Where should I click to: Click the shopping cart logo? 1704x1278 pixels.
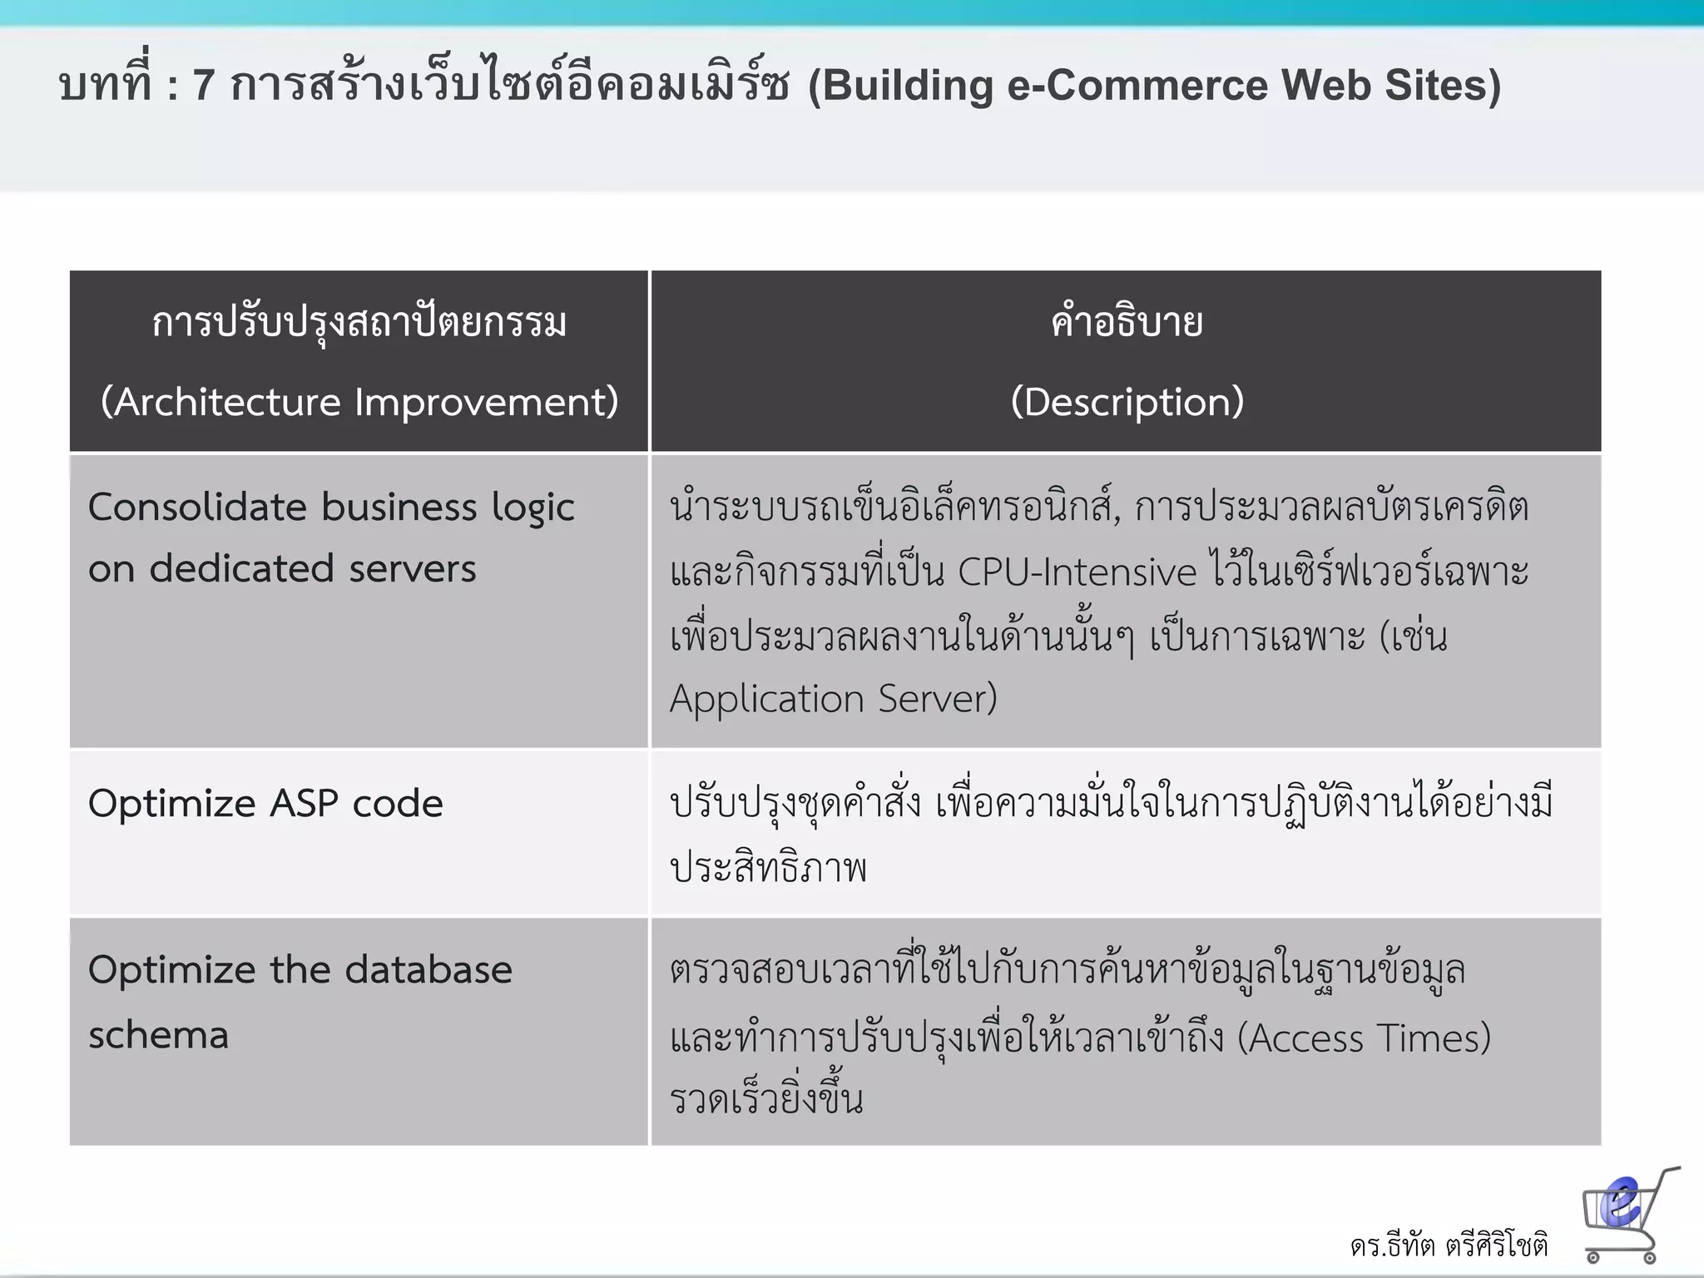point(1626,1214)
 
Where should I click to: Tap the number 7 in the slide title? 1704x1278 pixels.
point(204,86)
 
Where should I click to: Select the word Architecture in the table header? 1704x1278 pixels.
point(226,402)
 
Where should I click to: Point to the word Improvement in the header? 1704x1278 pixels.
point(486,402)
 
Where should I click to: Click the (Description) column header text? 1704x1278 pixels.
point(1127,402)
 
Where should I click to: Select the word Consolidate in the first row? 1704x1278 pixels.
point(197,507)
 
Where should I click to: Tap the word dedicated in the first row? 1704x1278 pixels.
point(241,569)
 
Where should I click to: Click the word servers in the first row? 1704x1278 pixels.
point(412,569)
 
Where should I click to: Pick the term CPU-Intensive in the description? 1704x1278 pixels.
point(1077,572)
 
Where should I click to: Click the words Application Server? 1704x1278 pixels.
point(833,698)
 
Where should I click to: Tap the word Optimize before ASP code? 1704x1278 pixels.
point(172,804)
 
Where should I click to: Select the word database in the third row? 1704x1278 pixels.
point(428,970)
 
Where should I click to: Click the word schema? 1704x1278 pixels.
point(158,1035)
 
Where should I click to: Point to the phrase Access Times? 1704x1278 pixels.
point(1364,1038)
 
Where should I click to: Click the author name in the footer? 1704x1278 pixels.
point(1449,1246)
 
